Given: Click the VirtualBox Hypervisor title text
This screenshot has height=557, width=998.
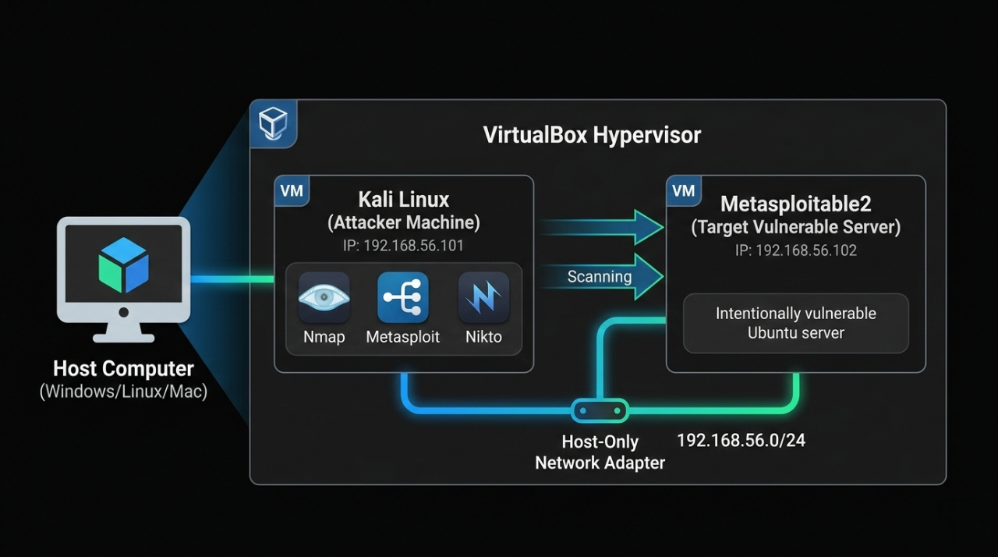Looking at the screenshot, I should [x=592, y=135].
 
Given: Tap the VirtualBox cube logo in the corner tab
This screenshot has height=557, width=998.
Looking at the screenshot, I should [x=273, y=122].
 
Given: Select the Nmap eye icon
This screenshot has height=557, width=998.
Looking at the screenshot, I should [x=324, y=298].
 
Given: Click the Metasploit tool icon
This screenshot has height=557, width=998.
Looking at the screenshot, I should [x=402, y=298].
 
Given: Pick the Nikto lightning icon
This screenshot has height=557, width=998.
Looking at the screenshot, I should [x=483, y=298].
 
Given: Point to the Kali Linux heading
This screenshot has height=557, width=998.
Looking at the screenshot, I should [x=403, y=199].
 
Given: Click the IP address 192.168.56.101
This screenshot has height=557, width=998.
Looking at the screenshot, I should [x=403, y=246].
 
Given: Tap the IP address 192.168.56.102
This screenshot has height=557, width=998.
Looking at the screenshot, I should [x=795, y=250].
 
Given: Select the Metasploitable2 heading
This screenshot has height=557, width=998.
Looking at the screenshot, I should [x=795, y=204].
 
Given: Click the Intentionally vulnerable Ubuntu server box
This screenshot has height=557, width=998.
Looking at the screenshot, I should [x=795, y=323].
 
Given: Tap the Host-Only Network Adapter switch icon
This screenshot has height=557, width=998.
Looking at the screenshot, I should [x=599, y=410].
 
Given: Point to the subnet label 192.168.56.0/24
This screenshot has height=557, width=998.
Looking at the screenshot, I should [x=741, y=440].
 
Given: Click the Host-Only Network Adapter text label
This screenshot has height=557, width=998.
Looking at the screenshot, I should [x=600, y=452].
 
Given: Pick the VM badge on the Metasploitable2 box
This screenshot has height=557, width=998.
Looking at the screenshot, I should [x=683, y=191].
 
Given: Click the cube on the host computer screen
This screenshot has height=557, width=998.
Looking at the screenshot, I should [x=123, y=265].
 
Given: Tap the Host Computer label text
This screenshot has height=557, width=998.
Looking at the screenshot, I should [x=123, y=368].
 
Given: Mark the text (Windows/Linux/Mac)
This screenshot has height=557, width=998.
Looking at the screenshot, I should [x=123, y=391].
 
